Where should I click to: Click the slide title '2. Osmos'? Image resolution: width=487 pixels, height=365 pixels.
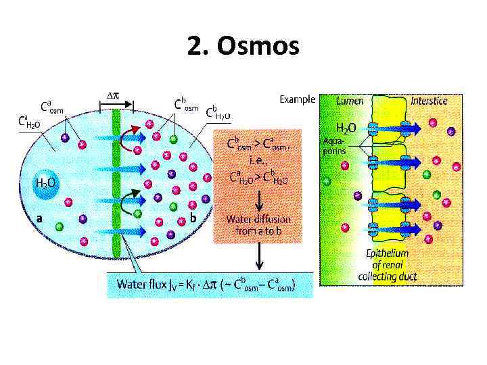243,47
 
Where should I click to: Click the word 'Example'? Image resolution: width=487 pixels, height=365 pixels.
297,99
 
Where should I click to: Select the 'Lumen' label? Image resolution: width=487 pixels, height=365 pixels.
350,100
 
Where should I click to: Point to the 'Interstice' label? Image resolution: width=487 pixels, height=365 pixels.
429,100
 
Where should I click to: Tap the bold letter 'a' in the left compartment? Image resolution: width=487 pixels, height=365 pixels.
39,218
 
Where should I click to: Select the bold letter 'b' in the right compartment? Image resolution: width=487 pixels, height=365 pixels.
193,218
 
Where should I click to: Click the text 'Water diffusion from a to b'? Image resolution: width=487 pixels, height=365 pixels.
259,224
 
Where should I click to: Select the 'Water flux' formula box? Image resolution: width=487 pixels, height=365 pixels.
210,285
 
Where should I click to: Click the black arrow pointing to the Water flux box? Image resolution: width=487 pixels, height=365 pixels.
259,257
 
